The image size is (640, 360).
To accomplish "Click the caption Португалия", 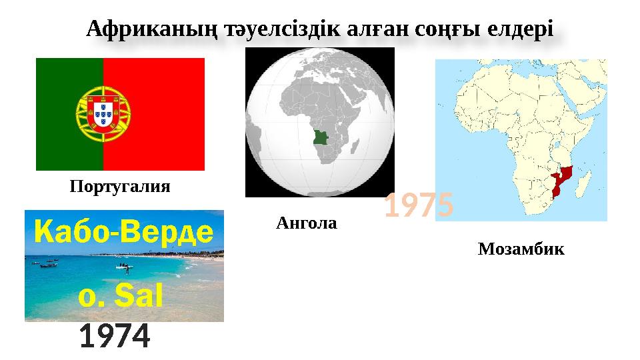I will click(x=120, y=187).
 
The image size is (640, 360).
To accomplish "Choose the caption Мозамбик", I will click(x=521, y=250).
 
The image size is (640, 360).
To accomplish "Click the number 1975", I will click(x=419, y=206).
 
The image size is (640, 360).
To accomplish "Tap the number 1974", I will click(x=114, y=337).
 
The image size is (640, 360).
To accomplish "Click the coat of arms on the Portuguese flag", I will click(x=103, y=115).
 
